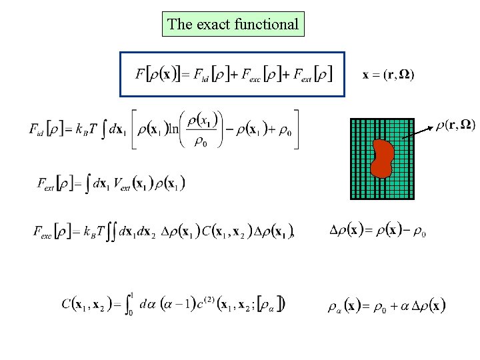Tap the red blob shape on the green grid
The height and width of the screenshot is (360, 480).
click(383, 159)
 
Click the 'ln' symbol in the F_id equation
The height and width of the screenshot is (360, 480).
click(175, 129)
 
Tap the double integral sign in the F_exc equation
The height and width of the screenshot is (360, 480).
click(111, 232)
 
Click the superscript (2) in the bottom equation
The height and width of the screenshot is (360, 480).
click(212, 298)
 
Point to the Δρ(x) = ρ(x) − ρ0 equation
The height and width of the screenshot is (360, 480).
click(377, 231)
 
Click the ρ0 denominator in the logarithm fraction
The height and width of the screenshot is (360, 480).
click(200, 141)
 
